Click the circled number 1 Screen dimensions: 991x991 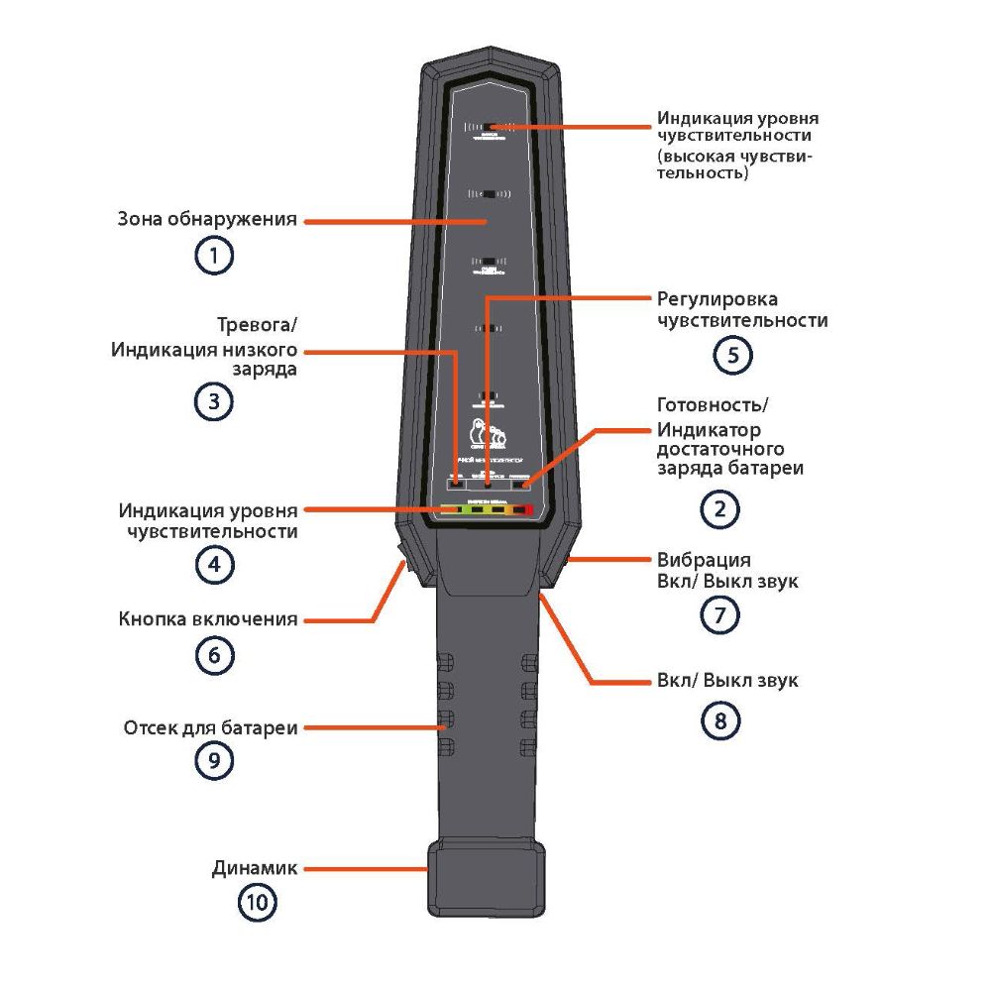[214, 257]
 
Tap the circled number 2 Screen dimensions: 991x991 [720, 509]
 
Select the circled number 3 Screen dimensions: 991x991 [214, 401]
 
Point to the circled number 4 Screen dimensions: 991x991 [214, 565]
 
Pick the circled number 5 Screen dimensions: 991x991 [733, 356]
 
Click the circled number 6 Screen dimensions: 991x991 [214, 655]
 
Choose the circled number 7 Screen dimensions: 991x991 [720, 615]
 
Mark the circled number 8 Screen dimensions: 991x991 [720, 720]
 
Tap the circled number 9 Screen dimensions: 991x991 [214, 760]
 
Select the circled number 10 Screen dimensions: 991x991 [257, 902]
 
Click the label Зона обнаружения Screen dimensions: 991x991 [207, 219]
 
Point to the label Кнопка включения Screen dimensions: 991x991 [208, 619]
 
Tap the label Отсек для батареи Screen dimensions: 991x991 [210, 727]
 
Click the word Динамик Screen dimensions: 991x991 [255, 868]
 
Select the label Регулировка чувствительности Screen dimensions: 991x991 [742, 309]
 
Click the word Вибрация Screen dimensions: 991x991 [704, 559]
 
